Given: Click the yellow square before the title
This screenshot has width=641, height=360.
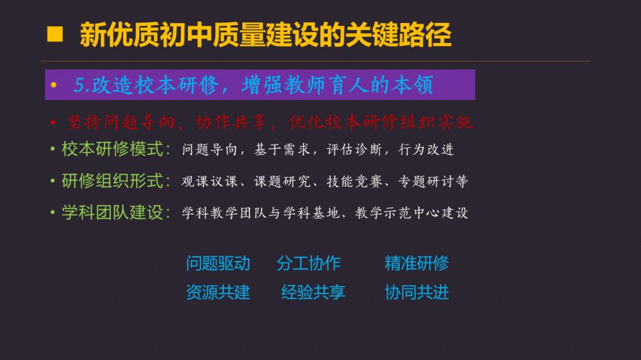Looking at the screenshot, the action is tap(54, 35).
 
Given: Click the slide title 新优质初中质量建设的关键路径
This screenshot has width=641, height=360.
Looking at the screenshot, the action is tap(266, 35).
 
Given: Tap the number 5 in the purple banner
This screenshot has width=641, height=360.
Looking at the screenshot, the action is tap(79, 85).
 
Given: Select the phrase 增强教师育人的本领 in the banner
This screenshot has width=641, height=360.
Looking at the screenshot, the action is tap(337, 85).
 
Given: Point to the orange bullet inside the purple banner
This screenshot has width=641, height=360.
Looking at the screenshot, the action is tap(54, 85).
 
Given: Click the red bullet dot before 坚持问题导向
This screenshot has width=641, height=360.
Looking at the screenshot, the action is tap(53, 122).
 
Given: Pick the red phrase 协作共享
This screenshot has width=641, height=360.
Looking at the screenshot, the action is tap(230, 122).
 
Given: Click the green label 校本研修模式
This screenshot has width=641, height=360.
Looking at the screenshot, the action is tap(112, 149).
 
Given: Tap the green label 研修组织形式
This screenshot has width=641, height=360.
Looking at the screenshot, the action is tap(112, 181).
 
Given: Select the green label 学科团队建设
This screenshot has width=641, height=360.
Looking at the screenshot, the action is tap(112, 213).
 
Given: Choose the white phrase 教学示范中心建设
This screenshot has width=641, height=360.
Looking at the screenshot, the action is tap(412, 213).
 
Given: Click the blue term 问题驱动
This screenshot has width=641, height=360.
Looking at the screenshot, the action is tap(218, 263).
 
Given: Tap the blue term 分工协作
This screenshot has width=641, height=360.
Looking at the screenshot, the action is tap(309, 263).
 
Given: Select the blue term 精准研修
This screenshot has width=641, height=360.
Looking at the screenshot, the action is tap(417, 263).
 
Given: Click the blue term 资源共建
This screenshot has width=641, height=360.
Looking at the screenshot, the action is tap(218, 292).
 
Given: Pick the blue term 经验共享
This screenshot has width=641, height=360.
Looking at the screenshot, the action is tap(313, 292).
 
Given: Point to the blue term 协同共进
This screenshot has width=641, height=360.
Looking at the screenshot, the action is tap(417, 292).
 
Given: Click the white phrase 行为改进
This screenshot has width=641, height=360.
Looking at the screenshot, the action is tap(426, 149).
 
